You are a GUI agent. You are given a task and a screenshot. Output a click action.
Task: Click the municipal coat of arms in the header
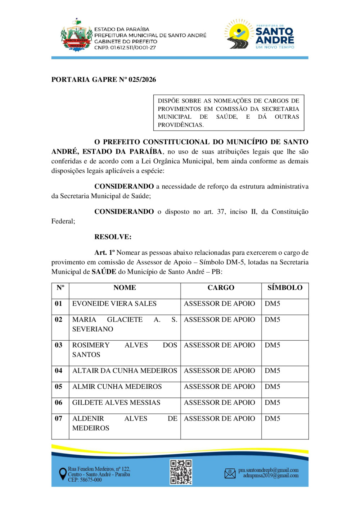76,36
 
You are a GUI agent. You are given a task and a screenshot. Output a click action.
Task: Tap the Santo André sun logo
238,34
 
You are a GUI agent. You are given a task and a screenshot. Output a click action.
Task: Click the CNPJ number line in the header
125,47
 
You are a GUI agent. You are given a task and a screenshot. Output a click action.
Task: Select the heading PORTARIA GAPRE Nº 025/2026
104,79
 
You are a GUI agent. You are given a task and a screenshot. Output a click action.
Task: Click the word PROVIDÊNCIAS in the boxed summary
181,125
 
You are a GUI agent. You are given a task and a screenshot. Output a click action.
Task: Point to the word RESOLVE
113,237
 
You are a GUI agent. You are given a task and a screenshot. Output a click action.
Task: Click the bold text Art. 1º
104,253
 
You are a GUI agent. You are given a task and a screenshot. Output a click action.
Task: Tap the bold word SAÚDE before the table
104,272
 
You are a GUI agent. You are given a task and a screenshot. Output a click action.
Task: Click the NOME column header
125,288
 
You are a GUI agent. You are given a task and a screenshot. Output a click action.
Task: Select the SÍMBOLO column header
285,288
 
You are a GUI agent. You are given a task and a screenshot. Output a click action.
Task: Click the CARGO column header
221,288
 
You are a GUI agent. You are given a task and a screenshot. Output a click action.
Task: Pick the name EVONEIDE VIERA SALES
114,304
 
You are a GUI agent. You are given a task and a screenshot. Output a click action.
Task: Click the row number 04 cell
59,371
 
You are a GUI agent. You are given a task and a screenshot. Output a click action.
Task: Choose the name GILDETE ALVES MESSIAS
116,403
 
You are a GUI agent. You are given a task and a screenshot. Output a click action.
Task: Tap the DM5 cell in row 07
273,419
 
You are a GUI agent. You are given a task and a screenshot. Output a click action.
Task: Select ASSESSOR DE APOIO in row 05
219,387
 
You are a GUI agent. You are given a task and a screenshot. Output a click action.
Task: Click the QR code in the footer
181,472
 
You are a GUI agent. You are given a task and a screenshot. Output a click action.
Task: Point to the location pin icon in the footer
63,474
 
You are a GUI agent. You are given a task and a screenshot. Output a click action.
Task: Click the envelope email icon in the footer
230,473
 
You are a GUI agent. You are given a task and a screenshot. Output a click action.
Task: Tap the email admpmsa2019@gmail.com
271,476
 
